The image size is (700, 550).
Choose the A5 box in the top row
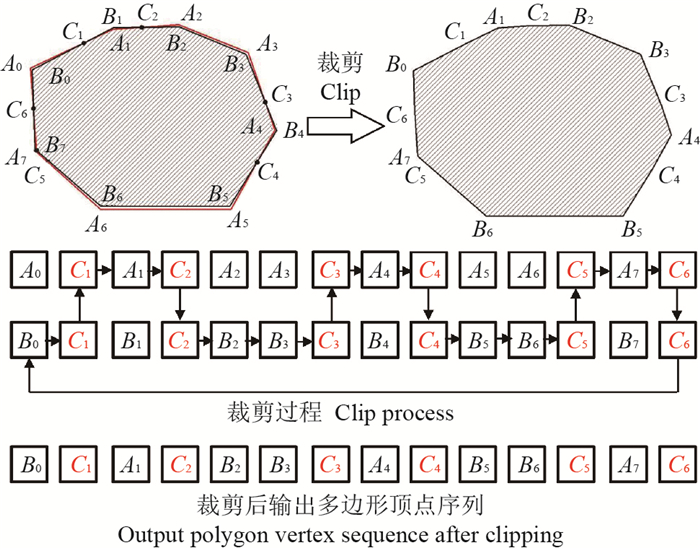click(x=478, y=270)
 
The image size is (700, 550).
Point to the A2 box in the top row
click(x=230, y=270)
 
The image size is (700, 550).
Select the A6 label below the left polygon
click(x=96, y=224)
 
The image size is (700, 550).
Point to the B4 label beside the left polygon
click(x=294, y=130)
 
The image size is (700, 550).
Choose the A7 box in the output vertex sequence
click(x=628, y=465)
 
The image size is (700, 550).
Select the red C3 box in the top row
click(x=330, y=270)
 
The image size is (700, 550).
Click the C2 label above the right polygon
click(x=539, y=14)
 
